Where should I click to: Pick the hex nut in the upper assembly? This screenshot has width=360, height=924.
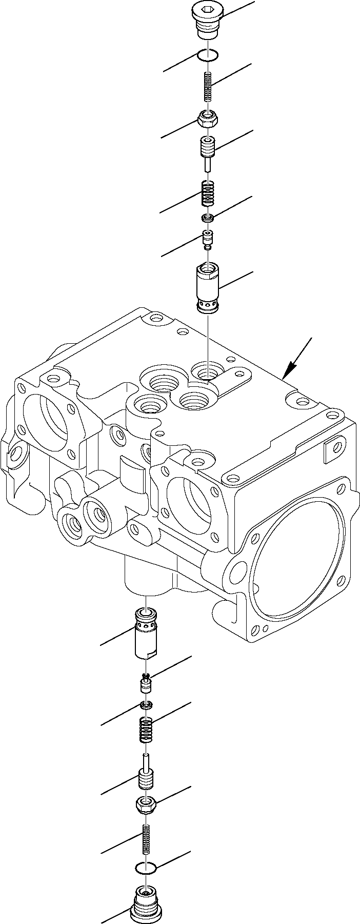(208, 121)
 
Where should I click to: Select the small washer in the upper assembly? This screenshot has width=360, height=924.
(207, 219)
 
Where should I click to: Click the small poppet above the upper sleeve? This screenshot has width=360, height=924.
(208, 239)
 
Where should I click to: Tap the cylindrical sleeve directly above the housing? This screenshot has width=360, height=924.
(208, 288)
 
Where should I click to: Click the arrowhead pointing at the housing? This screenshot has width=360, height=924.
(292, 367)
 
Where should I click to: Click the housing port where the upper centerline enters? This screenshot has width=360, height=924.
(208, 370)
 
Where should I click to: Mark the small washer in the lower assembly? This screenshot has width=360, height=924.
(147, 706)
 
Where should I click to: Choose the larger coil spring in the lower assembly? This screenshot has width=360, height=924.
(147, 729)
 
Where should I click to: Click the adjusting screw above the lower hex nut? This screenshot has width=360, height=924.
(147, 775)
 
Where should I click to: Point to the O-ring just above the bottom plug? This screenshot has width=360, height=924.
(147, 868)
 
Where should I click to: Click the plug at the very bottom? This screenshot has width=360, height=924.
(147, 900)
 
